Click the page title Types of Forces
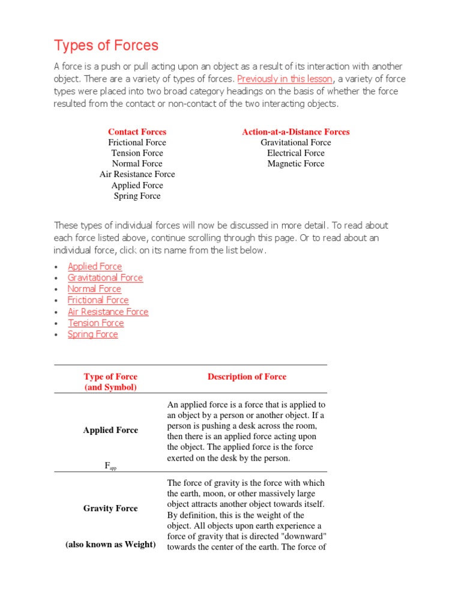106,46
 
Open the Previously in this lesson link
285,79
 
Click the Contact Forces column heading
137,132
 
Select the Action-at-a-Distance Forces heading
295,132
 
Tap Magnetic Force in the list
295,163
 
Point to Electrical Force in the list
295,153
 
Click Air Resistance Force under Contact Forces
137,174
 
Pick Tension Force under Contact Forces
137,153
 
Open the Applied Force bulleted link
95,267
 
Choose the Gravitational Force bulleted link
105,277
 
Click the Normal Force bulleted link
94,289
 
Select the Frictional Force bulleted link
98,300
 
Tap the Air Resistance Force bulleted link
108,312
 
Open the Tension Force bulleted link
96,323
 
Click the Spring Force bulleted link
93,335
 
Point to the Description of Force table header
247,377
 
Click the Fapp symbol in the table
110,466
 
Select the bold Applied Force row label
110,430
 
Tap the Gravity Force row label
110,508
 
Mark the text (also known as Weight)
110,545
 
